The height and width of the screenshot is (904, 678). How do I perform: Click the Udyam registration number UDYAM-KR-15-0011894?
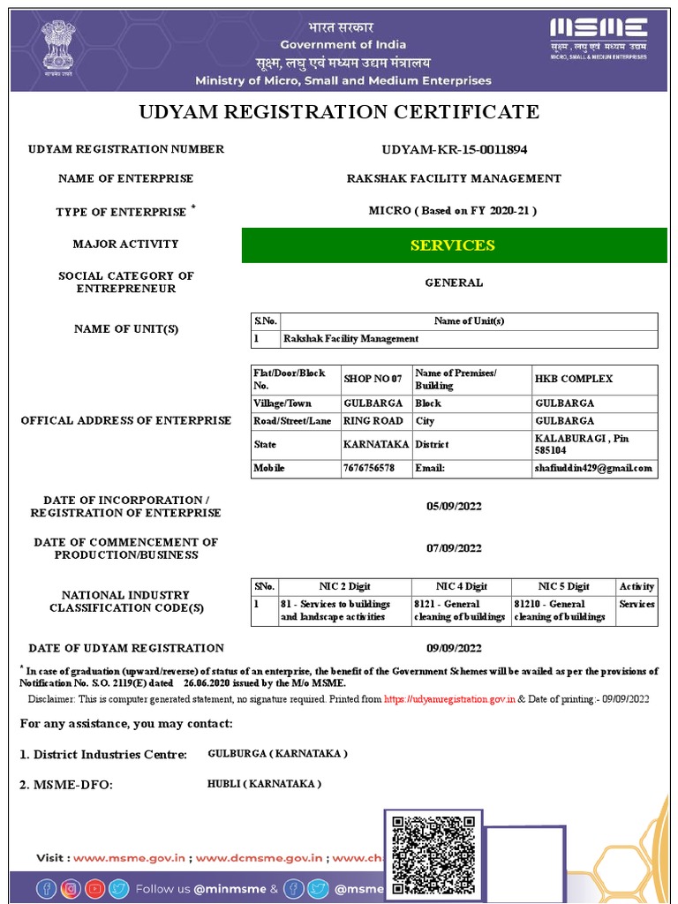pyautogui.click(x=454, y=149)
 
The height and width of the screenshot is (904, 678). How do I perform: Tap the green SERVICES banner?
pyautogui.click(x=454, y=245)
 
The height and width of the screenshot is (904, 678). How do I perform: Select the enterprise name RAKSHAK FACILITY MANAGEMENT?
pyautogui.click(x=454, y=178)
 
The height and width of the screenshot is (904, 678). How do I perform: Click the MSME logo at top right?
pyautogui.click(x=598, y=38)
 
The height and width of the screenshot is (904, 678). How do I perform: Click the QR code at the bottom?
pyautogui.click(x=433, y=855)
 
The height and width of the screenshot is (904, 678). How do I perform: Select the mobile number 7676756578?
pyautogui.click(x=368, y=468)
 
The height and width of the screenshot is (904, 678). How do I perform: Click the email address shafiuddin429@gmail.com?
pyautogui.click(x=593, y=468)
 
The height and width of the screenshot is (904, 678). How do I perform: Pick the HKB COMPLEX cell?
pyautogui.click(x=574, y=379)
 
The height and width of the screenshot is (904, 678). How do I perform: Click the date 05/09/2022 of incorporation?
pyautogui.click(x=454, y=506)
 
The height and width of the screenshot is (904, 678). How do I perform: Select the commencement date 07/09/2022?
pyautogui.click(x=454, y=548)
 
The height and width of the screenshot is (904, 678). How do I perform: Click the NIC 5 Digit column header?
pyautogui.click(x=563, y=586)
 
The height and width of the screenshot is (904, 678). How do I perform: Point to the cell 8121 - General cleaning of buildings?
pyautogui.click(x=459, y=610)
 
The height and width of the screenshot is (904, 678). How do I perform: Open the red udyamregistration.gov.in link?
pyautogui.click(x=449, y=698)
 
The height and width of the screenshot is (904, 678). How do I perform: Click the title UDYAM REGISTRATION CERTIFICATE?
pyautogui.click(x=339, y=112)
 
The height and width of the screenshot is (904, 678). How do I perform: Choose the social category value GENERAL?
pyautogui.click(x=454, y=282)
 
